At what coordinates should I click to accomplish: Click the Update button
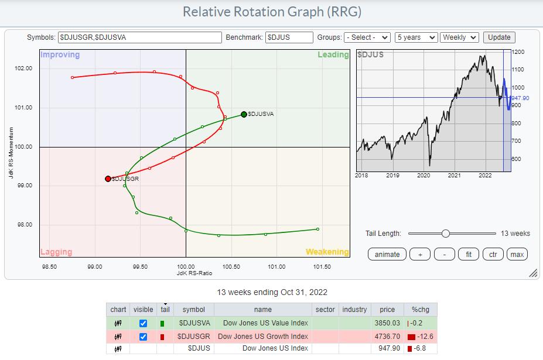pyautogui.click(x=499, y=37)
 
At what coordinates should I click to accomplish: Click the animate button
pyautogui.click(x=387, y=254)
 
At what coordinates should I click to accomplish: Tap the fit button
pyautogui.click(x=468, y=254)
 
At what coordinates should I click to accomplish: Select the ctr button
pyautogui.click(x=493, y=254)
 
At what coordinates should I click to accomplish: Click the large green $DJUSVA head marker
pyautogui.click(x=244, y=115)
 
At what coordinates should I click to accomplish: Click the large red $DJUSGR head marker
pyautogui.click(x=108, y=179)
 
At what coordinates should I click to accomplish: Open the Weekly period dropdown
pyautogui.click(x=459, y=37)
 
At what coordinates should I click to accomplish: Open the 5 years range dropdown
pyautogui.click(x=416, y=37)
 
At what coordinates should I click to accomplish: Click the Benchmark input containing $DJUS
pyautogui.click(x=289, y=37)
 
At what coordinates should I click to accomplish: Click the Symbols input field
pyautogui.click(x=140, y=37)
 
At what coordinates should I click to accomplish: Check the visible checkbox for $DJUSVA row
pyautogui.click(x=143, y=323)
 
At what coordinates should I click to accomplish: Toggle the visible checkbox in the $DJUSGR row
pyautogui.click(x=143, y=336)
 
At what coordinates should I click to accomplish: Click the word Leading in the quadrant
pyautogui.click(x=333, y=54)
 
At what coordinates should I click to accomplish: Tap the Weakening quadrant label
pyautogui.click(x=327, y=252)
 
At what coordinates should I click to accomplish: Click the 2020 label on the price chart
pyautogui.click(x=424, y=175)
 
